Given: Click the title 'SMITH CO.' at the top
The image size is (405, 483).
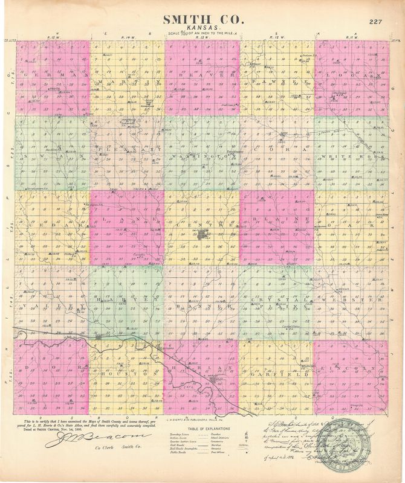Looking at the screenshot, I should [x=202, y=20].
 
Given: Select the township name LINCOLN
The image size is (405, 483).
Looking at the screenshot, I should [x=351, y=368].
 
